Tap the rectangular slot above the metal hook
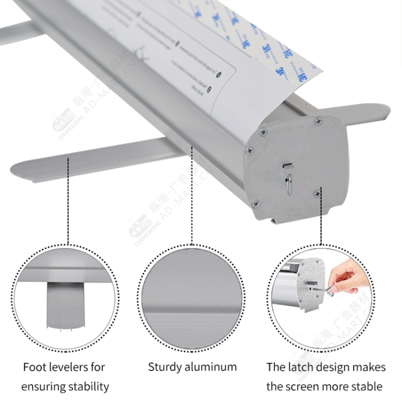coord(288,165)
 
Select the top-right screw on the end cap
coord(318,122)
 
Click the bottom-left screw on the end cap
coord(255,203)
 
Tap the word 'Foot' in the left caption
coord(34,367)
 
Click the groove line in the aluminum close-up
coord(192,309)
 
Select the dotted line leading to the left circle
coord(68,204)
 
